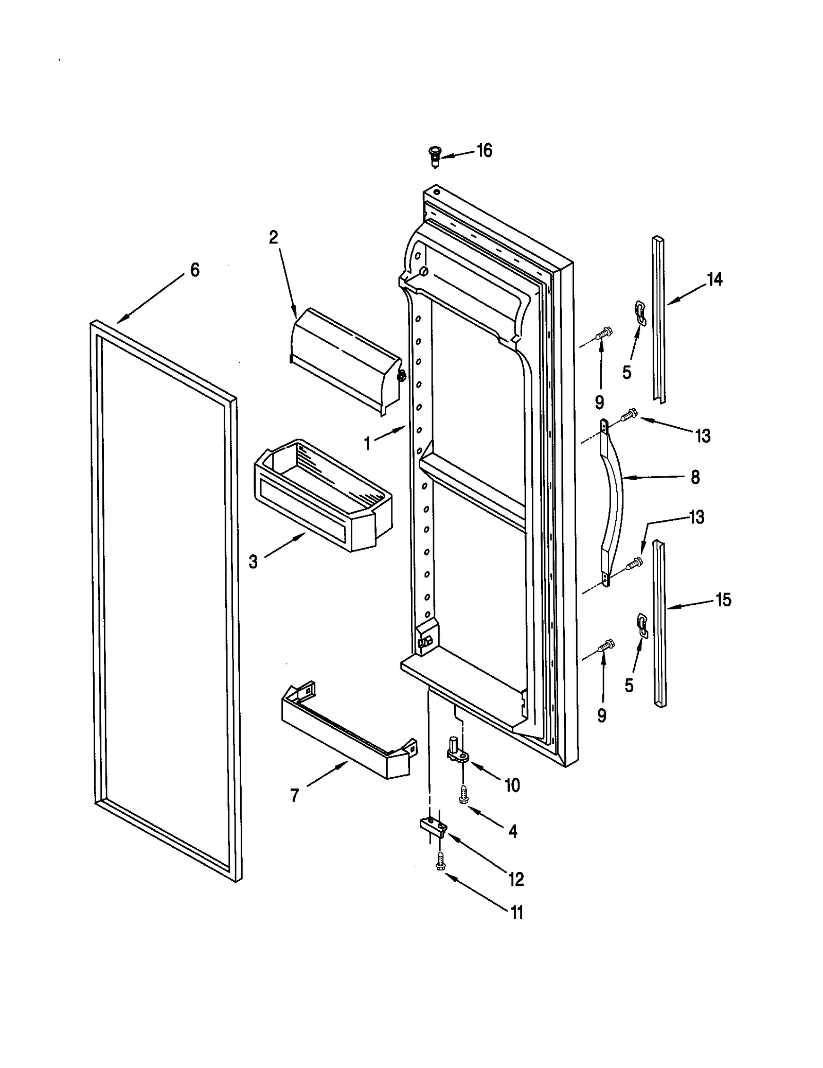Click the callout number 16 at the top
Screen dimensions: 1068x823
point(484,151)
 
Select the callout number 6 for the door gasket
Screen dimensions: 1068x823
point(194,270)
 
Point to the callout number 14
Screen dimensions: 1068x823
point(714,280)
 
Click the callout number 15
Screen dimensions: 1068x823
point(723,600)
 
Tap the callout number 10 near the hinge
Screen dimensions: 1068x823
point(512,785)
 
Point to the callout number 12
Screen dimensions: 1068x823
point(516,879)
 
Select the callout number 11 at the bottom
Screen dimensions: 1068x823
point(516,927)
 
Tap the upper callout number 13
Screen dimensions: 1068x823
point(702,436)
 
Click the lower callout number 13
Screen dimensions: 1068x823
point(696,517)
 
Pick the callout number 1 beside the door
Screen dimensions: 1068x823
point(367,443)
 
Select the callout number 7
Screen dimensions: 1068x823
point(294,796)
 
